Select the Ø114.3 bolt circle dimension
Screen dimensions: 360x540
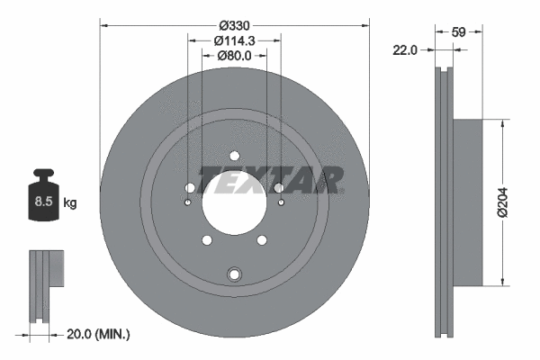[x=235, y=40]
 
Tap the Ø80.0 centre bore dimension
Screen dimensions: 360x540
[x=235, y=56]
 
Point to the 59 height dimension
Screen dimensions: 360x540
[x=458, y=31]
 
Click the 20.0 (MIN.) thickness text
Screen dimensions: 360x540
[x=99, y=334]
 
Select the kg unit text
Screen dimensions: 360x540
[x=70, y=203]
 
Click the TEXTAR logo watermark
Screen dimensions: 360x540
[x=271, y=180]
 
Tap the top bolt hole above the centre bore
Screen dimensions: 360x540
[x=234, y=154]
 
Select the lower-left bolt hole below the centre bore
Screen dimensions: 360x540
[x=207, y=239]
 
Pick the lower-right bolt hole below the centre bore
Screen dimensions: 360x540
[x=262, y=239]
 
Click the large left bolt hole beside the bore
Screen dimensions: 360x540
[x=190, y=188]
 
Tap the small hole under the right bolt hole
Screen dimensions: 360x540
[x=282, y=202]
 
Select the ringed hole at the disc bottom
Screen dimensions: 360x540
[x=234, y=274]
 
